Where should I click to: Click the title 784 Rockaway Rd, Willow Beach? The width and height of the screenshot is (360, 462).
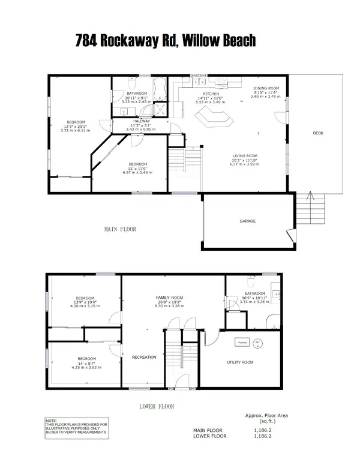(166, 41)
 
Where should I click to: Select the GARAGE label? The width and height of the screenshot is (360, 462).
(248, 221)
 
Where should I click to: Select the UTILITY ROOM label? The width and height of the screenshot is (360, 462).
(240, 362)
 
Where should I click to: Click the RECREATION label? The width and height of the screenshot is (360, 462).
(144, 357)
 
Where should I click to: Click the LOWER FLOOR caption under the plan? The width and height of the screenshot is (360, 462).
(157, 406)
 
